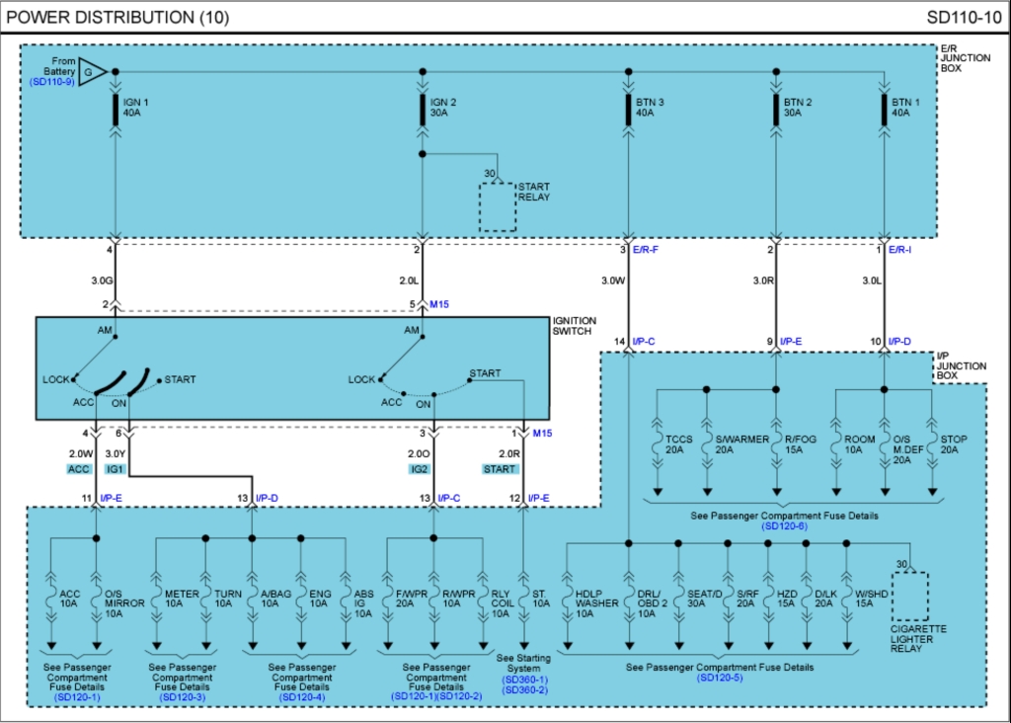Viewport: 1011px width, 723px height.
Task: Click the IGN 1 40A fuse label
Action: pyautogui.click(x=136, y=107)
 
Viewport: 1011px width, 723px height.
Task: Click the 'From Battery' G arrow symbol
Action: pyautogui.click(x=92, y=71)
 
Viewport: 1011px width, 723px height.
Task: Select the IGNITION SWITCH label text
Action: pyautogui.click(x=575, y=326)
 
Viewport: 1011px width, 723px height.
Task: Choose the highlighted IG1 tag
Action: pyautogui.click(x=116, y=469)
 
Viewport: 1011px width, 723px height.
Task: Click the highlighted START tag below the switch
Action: pyautogui.click(x=500, y=469)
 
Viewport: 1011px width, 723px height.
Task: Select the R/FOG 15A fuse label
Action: pyautogui.click(x=795, y=444)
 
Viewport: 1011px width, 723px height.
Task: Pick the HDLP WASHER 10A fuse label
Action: pyautogui.click(x=597, y=602)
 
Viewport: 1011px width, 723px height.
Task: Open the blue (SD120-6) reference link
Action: pyautogui.click(x=785, y=527)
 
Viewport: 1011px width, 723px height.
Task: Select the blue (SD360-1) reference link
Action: pyautogui.click(x=524, y=680)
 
